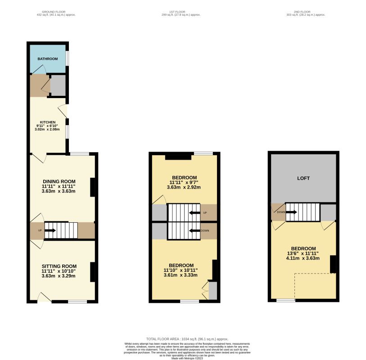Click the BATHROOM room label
click(x=48, y=59)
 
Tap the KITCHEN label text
click(x=48, y=122)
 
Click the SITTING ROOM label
click(x=59, y=266)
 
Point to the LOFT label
click(x=303, y=179)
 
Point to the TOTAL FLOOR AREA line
click(x=187, y=339)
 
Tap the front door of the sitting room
click(x=44, y=298)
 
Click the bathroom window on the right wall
click(x=67, y=58)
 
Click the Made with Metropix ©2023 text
click(x=187, y=357)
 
